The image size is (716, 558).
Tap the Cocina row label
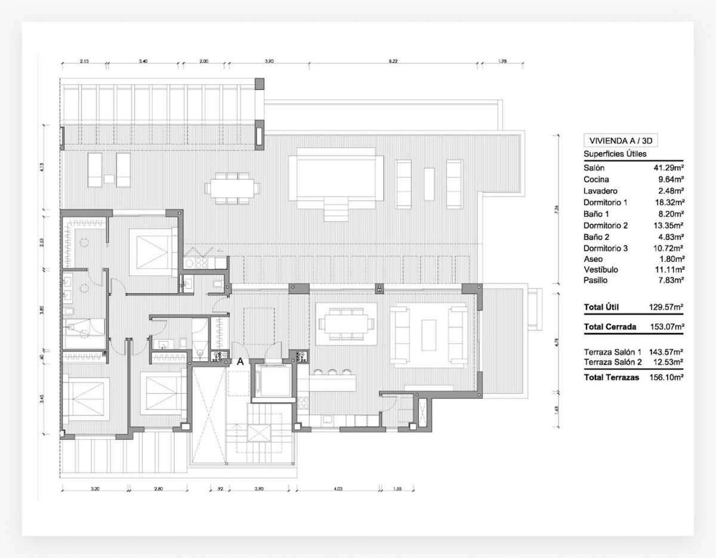tap(596, 180)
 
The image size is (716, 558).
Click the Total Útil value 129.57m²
tap(666, 307)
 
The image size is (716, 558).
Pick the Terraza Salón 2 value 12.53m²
tap(668, 362)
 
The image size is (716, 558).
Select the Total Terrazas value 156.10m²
tap(666, 378)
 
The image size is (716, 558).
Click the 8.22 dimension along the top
tap(393, 61)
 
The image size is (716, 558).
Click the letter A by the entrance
tap(240, 362)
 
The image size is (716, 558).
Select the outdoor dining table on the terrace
tap(233, 188)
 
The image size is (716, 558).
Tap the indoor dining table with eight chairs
tap(346, 324)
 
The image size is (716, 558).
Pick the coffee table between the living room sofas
tap(428, 334)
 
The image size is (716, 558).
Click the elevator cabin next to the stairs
tap(271, 380)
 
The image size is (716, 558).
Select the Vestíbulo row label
tap(601, 270)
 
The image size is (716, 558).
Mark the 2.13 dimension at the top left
tap(84, 61)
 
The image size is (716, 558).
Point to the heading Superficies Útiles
tap(614, 155)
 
